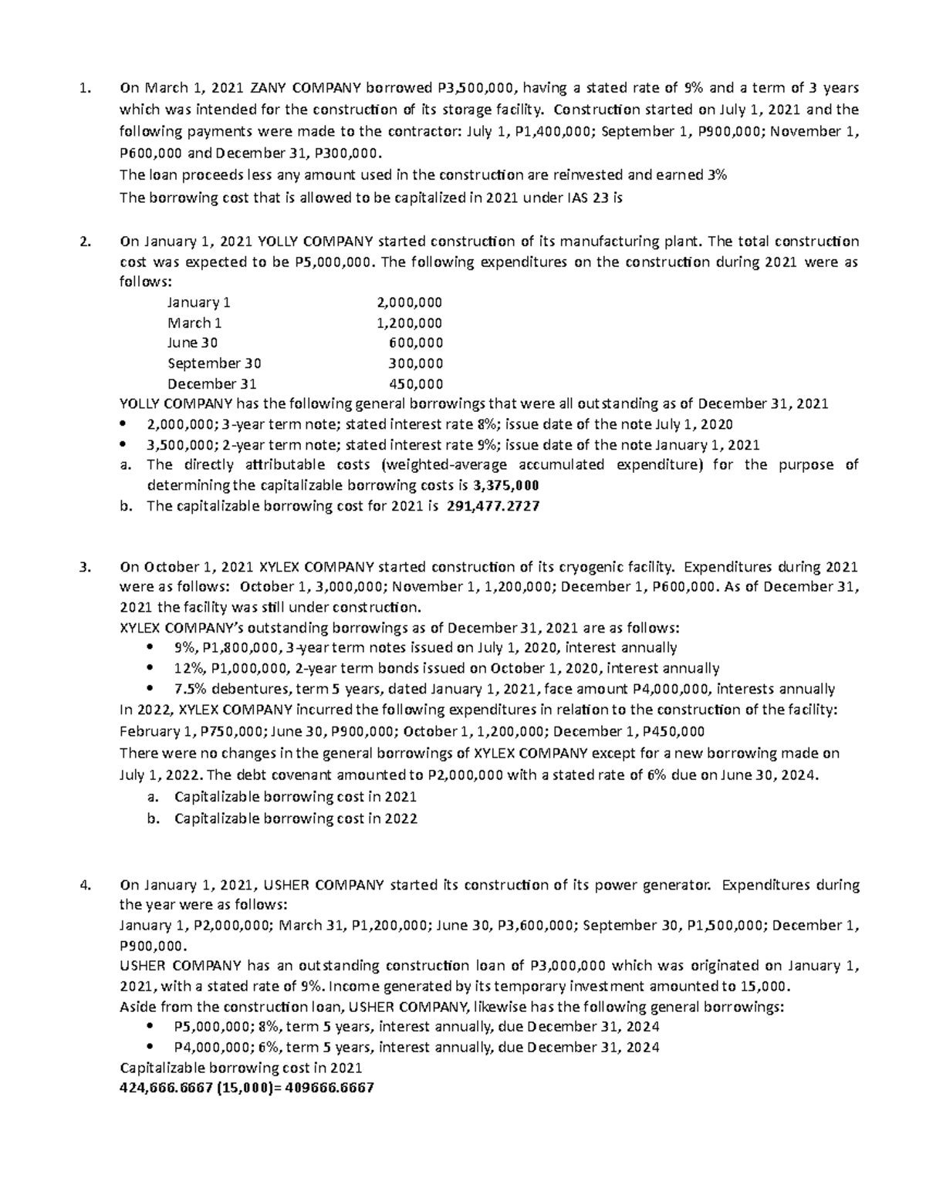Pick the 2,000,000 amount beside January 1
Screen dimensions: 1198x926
[x=407, y=302]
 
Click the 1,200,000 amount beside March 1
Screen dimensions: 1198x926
[x=407, y=323]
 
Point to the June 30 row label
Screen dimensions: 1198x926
[x=192, y=343]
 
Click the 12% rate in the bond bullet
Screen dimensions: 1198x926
[x=188, y=668]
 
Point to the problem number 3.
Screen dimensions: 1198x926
[x=85, y=567]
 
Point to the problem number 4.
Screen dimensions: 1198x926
[x=85, y=885]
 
